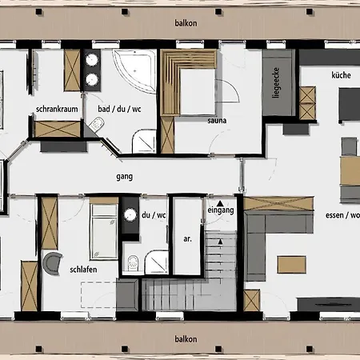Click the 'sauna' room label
pyautogui.click(x=217, y=121)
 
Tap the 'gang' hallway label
pyautogui.click(x=125, y=177)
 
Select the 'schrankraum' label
pyautogui.click(x=57, y=109)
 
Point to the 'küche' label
pyautogui.click(x=341, y=75)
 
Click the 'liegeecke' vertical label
pyautogui.click(x=276, y=82)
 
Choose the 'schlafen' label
pyautogui.click(x=83, y=270)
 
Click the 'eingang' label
pyautogui.click(x=221, y=210)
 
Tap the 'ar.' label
pyautogui.click(x=187, y=239)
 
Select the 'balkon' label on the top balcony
pyautogui.click(x=186, y=23)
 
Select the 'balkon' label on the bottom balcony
pyautogui.click(x=186, y=339)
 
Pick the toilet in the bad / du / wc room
pyautogui.click(x=97, y=124)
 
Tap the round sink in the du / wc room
pyautogui.click(x=130, y=214)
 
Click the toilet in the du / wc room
pyautogui.click(x=133, y=263)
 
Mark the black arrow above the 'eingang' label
pyautogui.click(x=220, y=203)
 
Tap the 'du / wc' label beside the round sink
pyautogui.click(x=154, y=215)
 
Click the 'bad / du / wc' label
pyautogui.click(x=119, y=109)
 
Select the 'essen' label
pyautogui.click(x=334, y=215)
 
